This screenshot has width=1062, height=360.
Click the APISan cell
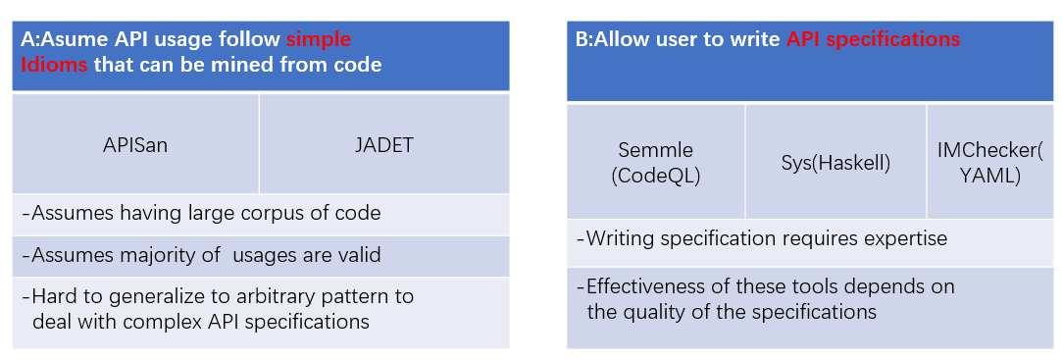pyautogui.click(x=136, y=145)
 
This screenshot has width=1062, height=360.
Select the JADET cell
pyautogui.click(x=384, y=145)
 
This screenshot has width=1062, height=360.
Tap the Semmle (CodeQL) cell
pyautogui.click(x=655, y=163)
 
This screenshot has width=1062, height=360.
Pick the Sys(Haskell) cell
pyautogui.click(x=835, y=163)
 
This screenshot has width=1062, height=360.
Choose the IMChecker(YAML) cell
pyautogui.click(x=990, y=163)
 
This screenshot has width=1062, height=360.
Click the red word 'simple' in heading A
pyautogui.click(x=319, y=39)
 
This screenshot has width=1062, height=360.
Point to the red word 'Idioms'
pyautogui.click(x=54, y=65)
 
